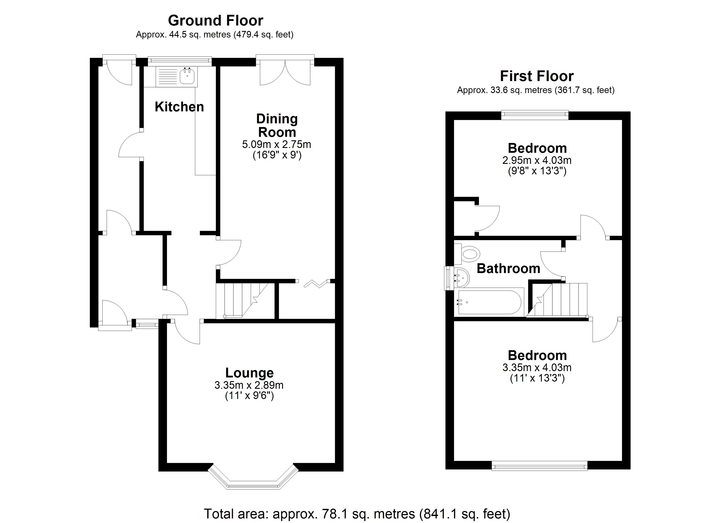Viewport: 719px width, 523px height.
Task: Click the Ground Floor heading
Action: (215, 21)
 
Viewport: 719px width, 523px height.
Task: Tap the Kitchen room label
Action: (179, 107)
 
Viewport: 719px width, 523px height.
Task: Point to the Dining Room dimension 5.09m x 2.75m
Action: (276, 145)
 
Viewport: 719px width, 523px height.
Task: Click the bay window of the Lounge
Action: (253, 479)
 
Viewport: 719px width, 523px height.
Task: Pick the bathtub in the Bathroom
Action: (489, 302)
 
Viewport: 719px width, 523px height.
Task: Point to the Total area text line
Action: (357, 513)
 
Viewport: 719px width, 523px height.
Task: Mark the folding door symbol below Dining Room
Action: (316, 283)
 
